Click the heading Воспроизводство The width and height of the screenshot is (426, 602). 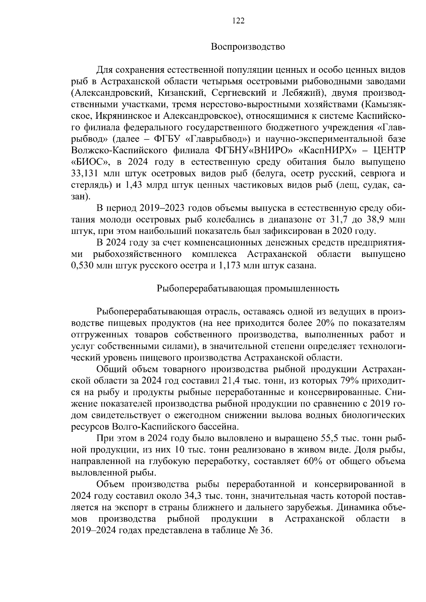[248, 47]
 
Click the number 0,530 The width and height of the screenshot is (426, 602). [83, 265]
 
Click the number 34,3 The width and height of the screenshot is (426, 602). [161, 495]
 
